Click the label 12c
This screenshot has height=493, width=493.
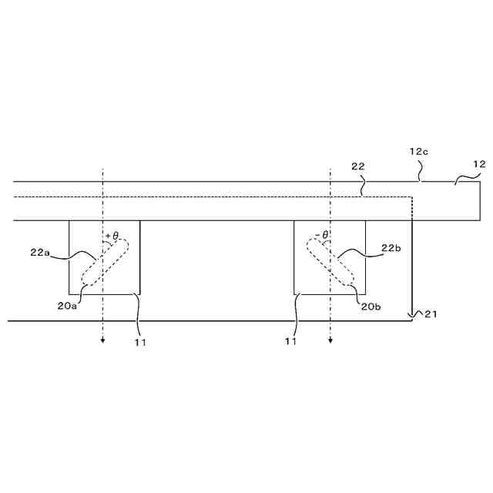click(418, 152)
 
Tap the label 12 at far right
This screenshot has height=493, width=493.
click(478, 163)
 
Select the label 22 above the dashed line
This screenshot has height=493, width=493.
click(357, 166)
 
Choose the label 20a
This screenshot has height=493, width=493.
click(66, 304)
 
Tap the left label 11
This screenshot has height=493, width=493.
click(139, 341)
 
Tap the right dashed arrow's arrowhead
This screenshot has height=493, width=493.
click(330, 342)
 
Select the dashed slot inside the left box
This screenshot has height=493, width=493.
click(106, 264)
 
